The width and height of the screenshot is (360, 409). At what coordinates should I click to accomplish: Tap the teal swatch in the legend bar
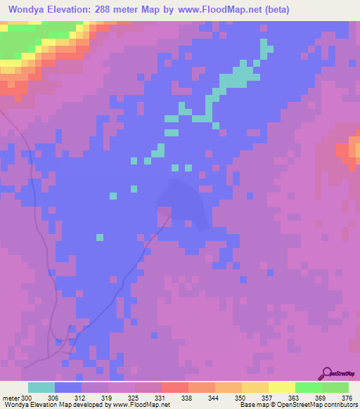[41, 387]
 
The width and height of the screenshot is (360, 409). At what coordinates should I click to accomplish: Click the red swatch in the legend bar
[175, 387]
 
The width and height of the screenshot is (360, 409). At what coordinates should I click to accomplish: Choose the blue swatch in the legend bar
[68, 387]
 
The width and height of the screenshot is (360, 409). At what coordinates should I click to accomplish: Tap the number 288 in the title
[105, 10]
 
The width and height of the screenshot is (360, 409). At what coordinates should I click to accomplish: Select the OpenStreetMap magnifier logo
[326, 374]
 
